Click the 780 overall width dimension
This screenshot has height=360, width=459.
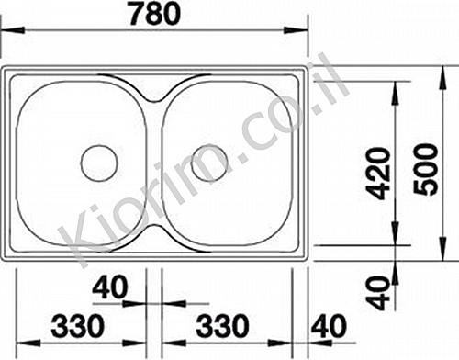(155, 13)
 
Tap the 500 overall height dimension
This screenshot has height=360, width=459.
(425, 169)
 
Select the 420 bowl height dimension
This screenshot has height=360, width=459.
(378, 174)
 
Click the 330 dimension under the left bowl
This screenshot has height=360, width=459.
(77, 325)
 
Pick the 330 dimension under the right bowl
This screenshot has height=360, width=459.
(222, 325)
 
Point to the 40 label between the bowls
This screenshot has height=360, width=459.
(109, 287)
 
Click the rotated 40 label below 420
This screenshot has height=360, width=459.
(378, 293)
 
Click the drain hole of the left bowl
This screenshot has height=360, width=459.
(99, 163)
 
